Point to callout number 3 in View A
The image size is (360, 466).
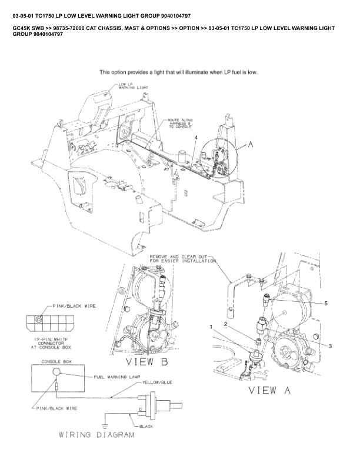(330, 346)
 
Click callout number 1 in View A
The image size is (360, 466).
(211, 326)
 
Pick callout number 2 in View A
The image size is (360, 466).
(225, 324)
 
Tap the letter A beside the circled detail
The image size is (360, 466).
(252, 142)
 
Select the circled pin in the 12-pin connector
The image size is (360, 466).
(39, 319)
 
